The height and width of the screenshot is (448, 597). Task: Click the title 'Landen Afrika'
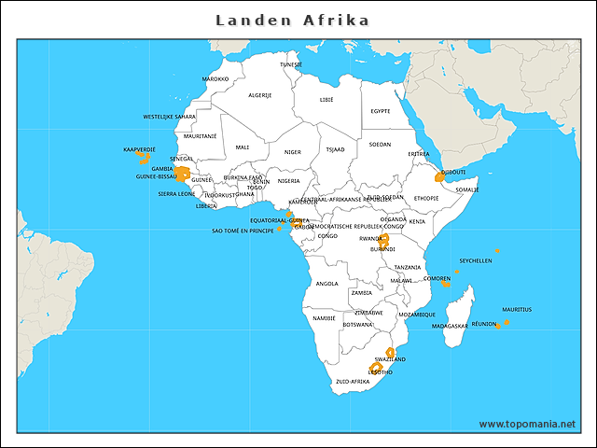point(292,20)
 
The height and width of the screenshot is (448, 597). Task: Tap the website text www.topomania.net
point(527,424)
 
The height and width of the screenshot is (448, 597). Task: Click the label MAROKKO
point(215,79)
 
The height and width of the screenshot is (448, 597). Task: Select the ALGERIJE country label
point(260,95)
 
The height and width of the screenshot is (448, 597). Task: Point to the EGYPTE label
point(381,111)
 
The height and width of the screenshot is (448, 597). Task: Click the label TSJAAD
point(335,149)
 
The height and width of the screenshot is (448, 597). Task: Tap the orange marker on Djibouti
point(440,175)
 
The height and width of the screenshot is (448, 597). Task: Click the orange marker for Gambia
point(185,173)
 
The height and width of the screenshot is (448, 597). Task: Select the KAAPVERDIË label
point(139,149)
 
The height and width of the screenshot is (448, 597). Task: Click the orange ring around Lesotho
point(375,368)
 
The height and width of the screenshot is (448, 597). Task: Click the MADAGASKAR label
point(451,327)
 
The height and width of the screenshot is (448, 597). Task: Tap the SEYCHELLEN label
point(476,261)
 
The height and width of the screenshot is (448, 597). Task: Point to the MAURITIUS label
point(517,309)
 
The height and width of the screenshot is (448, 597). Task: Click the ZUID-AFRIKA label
point(353,382)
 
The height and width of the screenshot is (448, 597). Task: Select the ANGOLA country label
point(327,284)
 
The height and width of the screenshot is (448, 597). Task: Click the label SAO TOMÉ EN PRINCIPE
point(243,230)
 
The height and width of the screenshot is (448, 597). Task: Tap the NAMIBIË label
point(324,318)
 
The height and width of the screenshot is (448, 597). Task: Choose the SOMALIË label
point(467,189)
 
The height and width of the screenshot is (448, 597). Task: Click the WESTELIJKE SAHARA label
point(170,117)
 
